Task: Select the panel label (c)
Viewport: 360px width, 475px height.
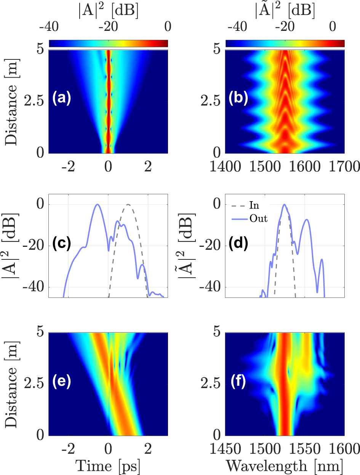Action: [61, 243]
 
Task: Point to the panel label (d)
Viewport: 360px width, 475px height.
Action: [238, 243]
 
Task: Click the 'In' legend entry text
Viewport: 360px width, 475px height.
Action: [254, 206]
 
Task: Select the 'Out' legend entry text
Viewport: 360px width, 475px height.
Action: [258, 219]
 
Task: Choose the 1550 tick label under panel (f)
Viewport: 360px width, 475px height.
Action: [305, 448]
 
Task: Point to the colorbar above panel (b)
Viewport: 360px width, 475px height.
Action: [285, 43]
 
